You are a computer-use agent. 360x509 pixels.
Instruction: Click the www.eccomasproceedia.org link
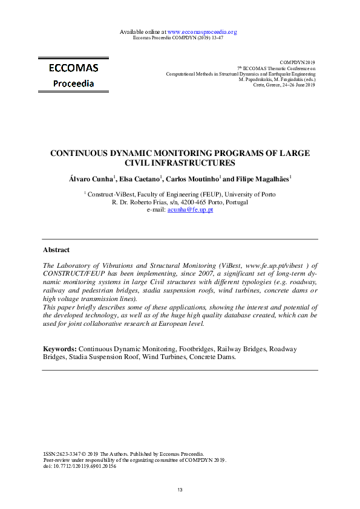201,31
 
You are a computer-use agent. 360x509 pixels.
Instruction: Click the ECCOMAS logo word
74,68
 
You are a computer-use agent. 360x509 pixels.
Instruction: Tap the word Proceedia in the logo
73,83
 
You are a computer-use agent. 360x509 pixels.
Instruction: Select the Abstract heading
56,250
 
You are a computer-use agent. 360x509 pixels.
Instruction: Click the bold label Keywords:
60,349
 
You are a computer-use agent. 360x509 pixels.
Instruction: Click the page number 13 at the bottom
180,490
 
